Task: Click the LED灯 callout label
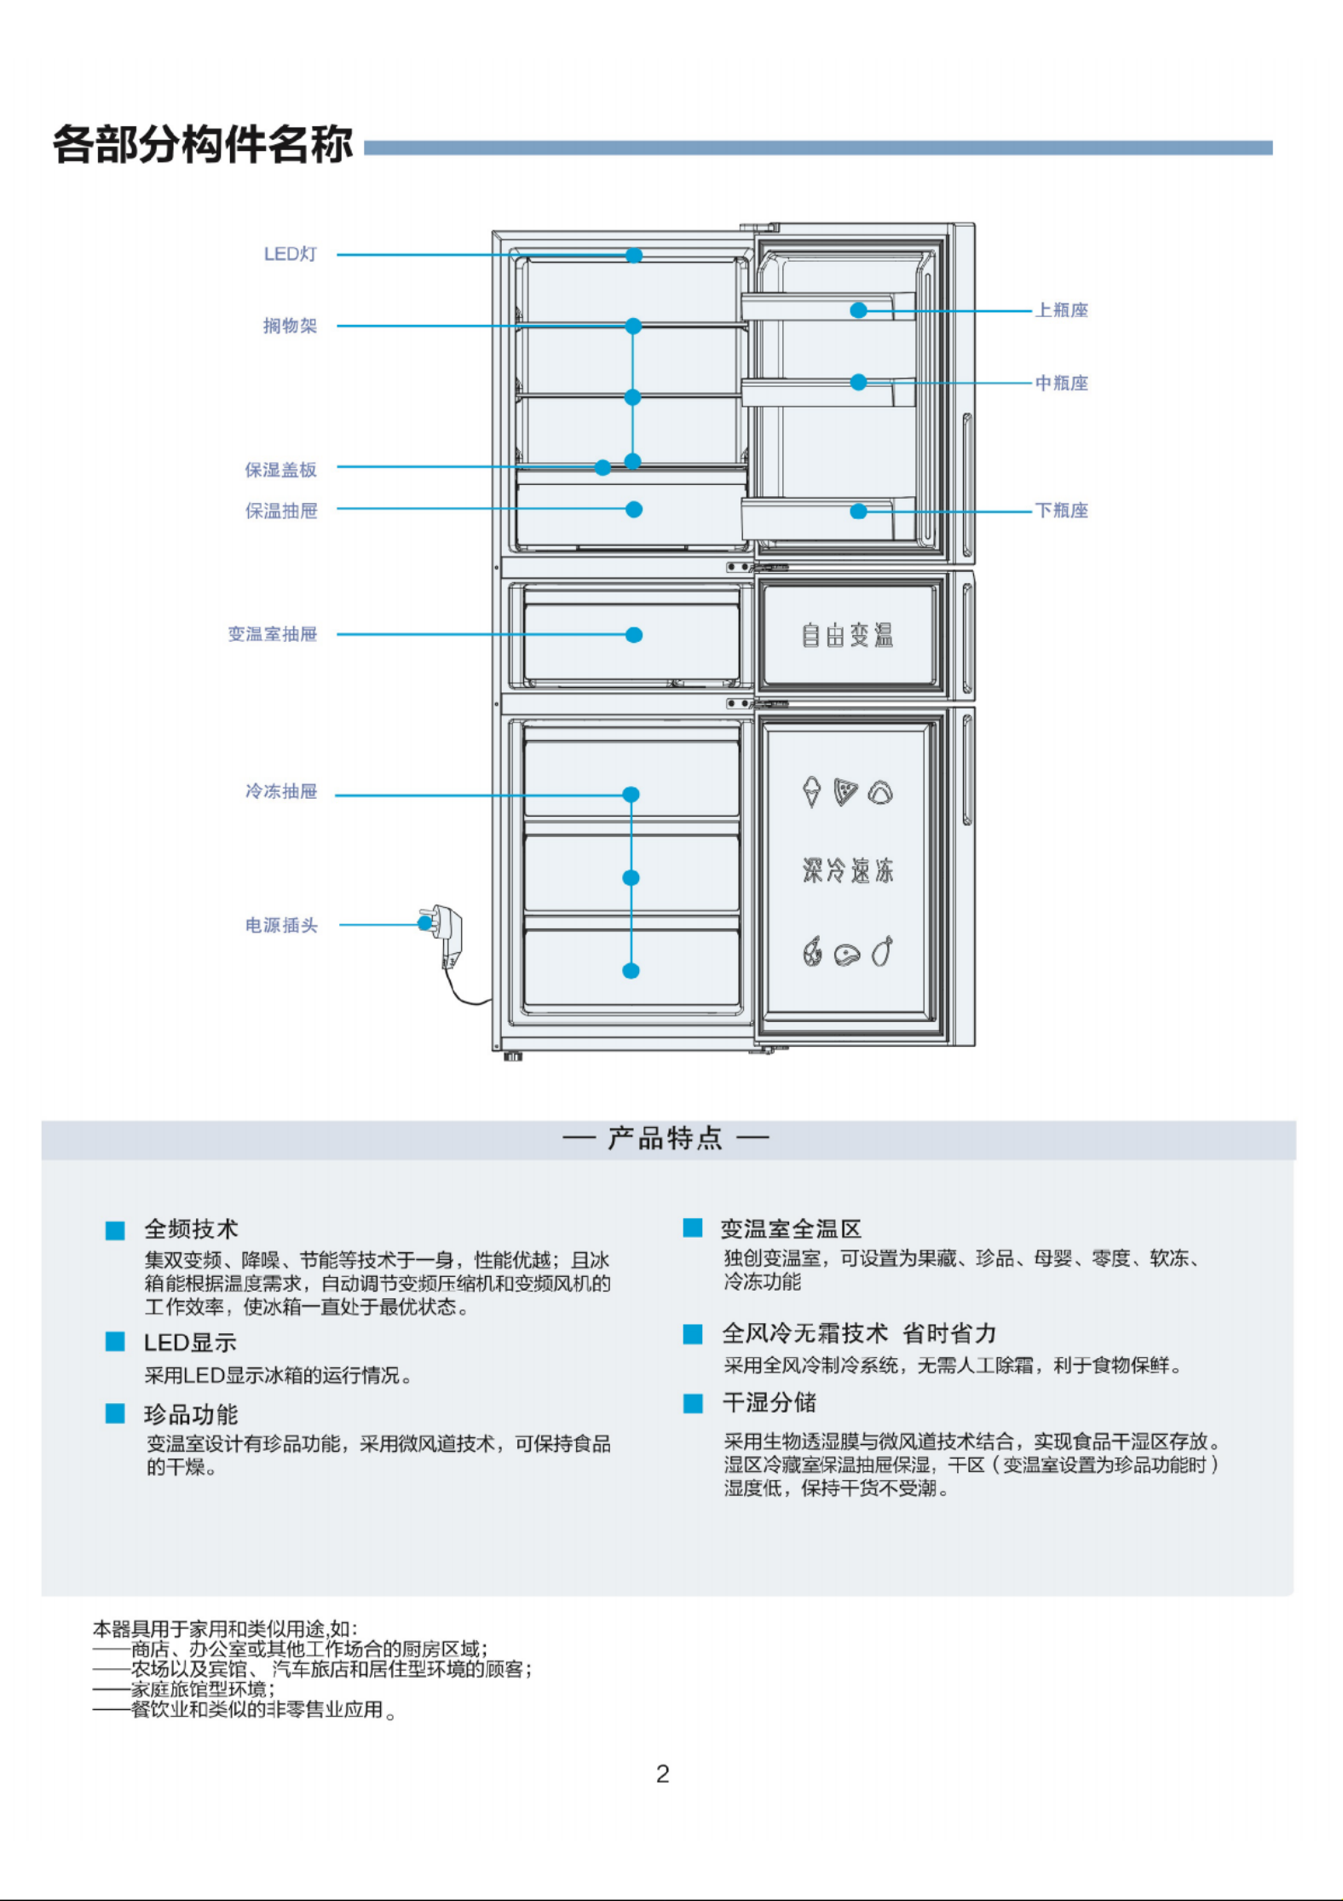click(x=290, y=254)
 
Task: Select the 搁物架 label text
click(x=290, y=326)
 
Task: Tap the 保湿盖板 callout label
click(x=281, y=470)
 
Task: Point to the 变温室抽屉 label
click(x=273, y=634)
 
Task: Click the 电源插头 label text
click(x=281, y=925)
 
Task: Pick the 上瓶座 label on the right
click(x=1062, y=310)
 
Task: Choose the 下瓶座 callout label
click(x=1062, y=511)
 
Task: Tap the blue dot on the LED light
click(x=634, y=256)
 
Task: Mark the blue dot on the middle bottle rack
click(x=858, y=383)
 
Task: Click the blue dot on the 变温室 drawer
click(x=634, y=635)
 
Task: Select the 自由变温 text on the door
click(x=847, y=635)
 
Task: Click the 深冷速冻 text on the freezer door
click(x=848, y=870)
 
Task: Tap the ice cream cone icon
click(x=812, y=792)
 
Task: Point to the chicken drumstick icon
click(x=883, y=950)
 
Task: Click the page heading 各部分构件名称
click(x=203, y=144)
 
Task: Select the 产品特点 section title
click(x=665, y=1138)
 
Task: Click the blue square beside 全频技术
click(x=115, y=1230)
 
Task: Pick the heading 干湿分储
click(x=769, y=1403)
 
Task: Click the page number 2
click(x=663, y=1774)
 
